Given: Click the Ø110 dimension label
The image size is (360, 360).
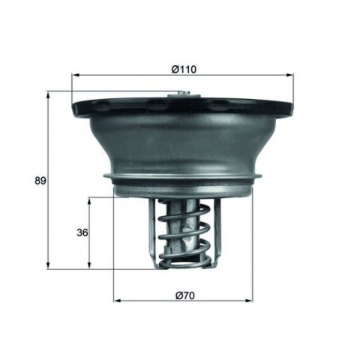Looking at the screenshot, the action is (x=184, y=69).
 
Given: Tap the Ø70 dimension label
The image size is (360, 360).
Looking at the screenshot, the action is (x=185, y=295).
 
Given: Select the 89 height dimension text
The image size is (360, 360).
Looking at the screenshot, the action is (x=40, y=181).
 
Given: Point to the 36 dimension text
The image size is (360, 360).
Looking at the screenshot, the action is (x=82, y=232).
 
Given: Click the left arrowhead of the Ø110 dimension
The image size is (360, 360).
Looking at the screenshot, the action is (x=76, y=75).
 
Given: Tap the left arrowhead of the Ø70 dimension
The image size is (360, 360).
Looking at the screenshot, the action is (x=118, y=300).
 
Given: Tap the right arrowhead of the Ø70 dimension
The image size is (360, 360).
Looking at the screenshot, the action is (x=249, y=300).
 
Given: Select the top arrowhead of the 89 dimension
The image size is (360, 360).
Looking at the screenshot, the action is (x=49, y=96).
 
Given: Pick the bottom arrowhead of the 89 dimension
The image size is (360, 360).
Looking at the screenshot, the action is (x=49, y=265).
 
